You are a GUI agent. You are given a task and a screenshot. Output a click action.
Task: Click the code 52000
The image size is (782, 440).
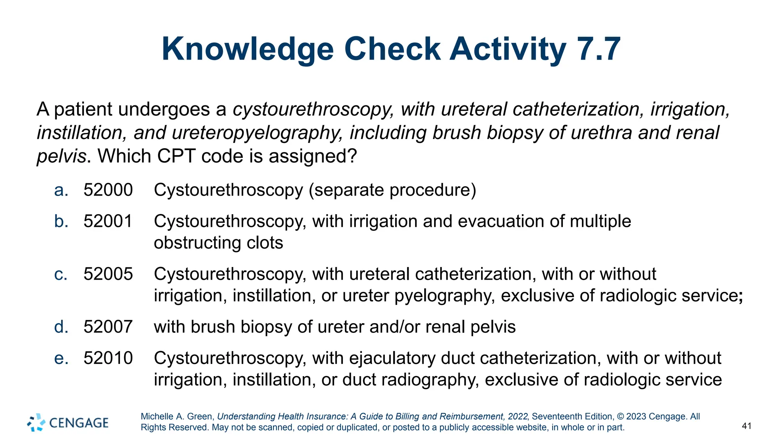[x=108, y=190]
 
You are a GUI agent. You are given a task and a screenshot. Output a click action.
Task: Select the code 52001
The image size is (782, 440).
[x=108, y=221]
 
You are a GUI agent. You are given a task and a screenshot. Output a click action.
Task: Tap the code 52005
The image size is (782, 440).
[x=108, y=274]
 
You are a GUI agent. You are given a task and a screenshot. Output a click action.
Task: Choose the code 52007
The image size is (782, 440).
[x=108, y=327]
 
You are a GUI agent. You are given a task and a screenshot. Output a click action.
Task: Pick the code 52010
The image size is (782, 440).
[x=108, y=358]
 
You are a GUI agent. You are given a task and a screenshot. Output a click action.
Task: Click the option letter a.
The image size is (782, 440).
[x=61, y=190]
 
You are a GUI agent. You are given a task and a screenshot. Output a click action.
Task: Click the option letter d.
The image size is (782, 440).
[x=61, y=327]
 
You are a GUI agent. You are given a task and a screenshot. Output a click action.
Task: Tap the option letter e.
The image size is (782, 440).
[x=61, y=358]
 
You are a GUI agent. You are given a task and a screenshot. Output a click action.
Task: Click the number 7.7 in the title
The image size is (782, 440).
[x=598, y=49]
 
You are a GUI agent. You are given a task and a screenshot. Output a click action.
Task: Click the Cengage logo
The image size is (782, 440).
[x=68, y=422]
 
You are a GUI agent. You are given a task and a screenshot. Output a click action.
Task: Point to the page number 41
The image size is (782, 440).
[x=746, y=426]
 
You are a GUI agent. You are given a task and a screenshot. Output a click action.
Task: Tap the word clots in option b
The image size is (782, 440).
[x=265, y=243]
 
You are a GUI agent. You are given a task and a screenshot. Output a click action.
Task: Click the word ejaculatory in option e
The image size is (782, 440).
[x=392, y=358]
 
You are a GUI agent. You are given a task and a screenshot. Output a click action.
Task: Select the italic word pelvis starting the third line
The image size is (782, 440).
[x=61, y=156]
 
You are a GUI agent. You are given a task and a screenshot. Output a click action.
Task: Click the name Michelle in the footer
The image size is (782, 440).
[x=157, y=416]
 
